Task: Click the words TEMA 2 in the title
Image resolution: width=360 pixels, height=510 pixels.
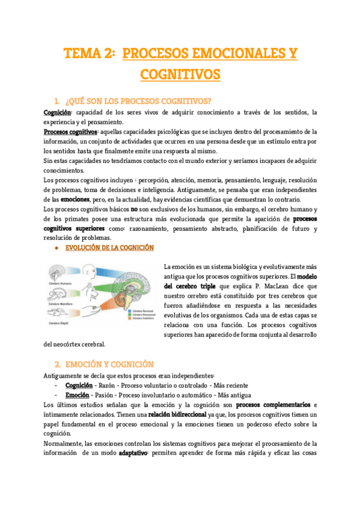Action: click(x=90, y=54)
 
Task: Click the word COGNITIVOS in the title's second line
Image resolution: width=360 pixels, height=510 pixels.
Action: click(x=180, y=75)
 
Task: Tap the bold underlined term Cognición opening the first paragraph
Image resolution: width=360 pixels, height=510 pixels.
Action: click(x=57, y=112)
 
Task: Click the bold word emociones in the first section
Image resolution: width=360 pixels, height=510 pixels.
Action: click(x=75, y=199)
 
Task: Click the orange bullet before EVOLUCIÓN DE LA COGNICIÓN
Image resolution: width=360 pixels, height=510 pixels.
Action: click(x=55, y=248)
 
